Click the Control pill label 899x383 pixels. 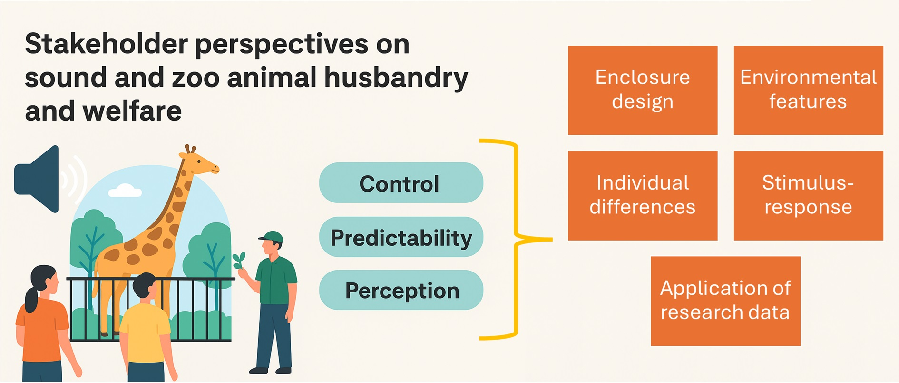point(401,183)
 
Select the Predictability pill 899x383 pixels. point(401,237)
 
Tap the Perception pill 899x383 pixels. point(401,290)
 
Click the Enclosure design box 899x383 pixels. point(643,90)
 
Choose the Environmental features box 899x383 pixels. point(808,90)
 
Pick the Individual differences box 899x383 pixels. point(643,195)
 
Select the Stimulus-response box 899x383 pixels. point(808,195)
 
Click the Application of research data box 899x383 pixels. point(725,301)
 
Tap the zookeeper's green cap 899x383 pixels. point(272,237)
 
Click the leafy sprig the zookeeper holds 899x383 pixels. point(239,260)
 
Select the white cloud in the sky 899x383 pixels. point(125,191)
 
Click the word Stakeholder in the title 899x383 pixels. point(107,44)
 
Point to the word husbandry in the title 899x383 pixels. point(396,78)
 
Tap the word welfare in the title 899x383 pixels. point(132,111)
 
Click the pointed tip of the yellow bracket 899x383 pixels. point(552,239)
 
